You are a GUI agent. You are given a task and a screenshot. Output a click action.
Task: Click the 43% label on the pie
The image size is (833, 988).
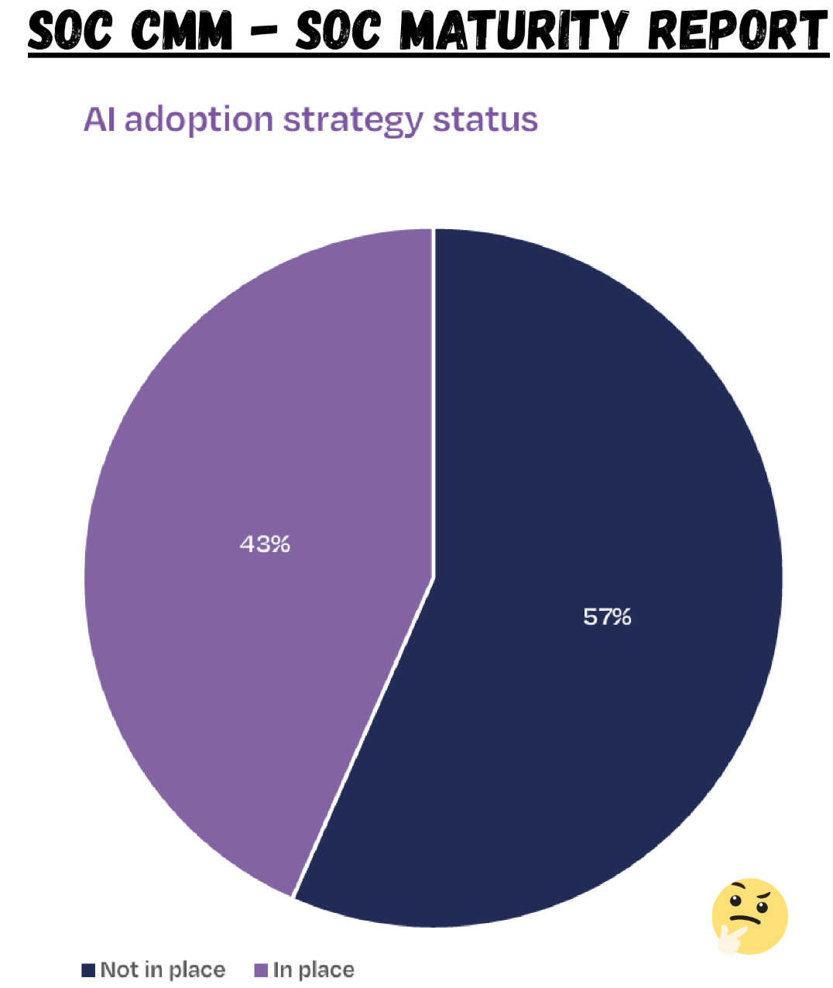(265, 544)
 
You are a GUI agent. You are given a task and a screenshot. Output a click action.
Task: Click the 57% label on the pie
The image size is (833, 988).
(607, 617)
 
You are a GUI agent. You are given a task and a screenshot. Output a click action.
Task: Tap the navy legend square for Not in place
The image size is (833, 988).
(88, 970)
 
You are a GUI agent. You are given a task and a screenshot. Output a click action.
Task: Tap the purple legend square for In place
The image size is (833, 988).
(261, 970)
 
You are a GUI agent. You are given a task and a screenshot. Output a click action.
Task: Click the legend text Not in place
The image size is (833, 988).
(163, 970)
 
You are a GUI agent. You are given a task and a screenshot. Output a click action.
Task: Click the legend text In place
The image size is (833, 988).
(314, 970)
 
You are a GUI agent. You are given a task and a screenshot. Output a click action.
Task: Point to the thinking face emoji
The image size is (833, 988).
(749, 917)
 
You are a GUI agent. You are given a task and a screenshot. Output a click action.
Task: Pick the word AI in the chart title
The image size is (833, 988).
(99, 119)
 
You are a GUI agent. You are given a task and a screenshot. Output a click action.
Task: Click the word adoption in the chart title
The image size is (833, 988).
(199, 121)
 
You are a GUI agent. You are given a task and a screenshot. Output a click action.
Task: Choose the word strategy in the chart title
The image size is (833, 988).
(353, 122)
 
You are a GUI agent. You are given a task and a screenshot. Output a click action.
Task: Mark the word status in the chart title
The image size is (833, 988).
(485, 120)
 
